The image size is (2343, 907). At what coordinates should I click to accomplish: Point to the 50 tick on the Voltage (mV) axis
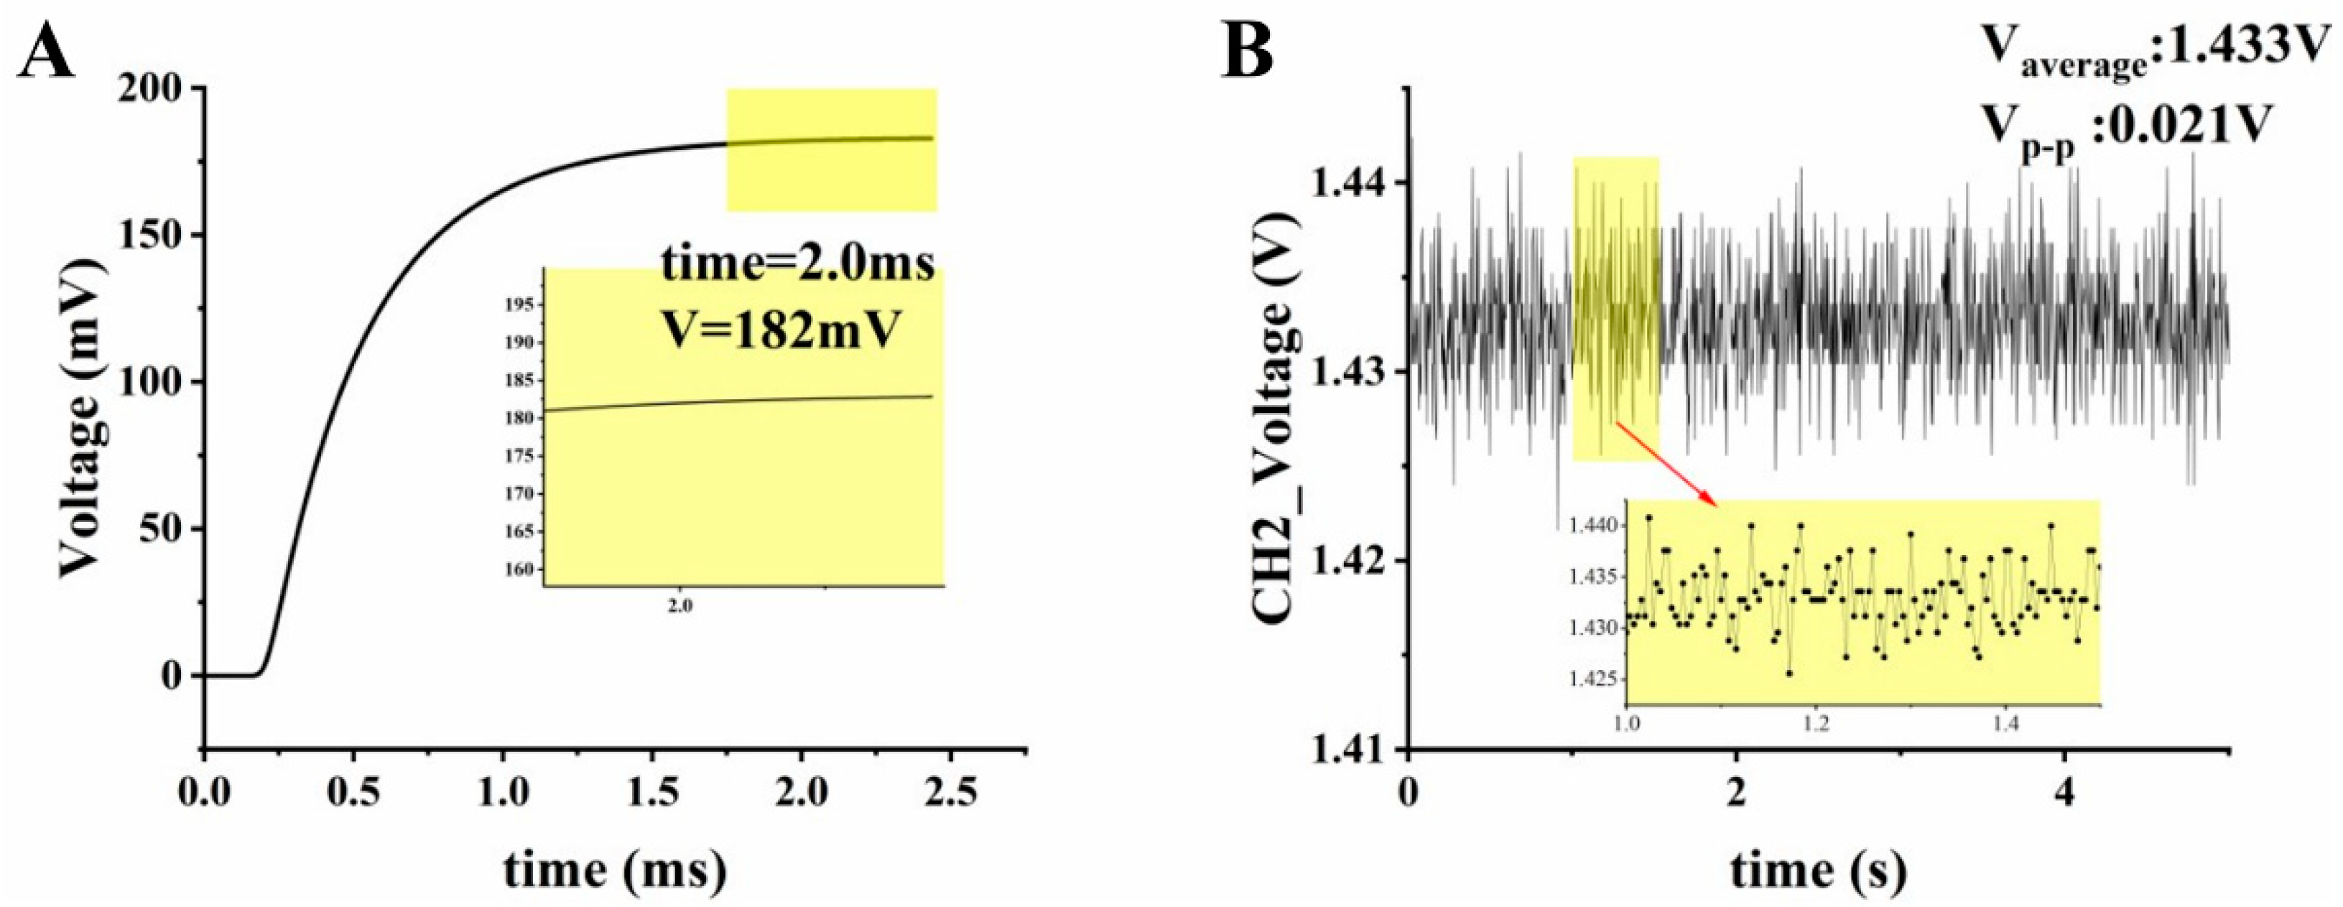coord(162,529)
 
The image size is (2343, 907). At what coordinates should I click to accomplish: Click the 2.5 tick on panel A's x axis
coord(950,794)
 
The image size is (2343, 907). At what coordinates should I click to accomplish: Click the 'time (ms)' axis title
coord(615,870)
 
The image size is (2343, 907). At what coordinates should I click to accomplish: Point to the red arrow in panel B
coord(1664,462)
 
